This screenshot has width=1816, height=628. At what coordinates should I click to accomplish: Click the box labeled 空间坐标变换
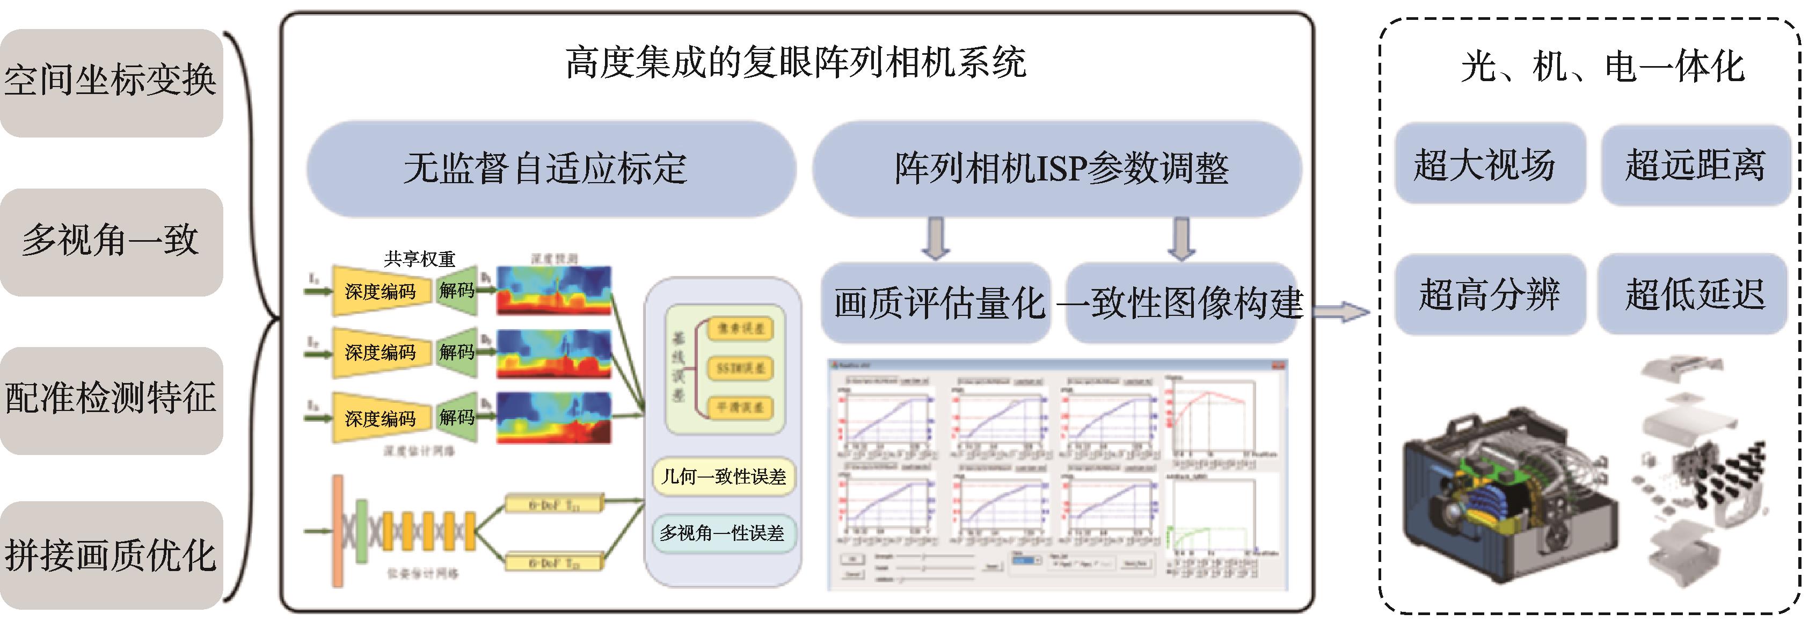click(x=111, y=81)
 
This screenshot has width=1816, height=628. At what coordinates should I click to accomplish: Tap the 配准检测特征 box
click(x=111, y=399)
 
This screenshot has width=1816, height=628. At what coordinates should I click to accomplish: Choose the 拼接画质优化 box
click(x=111, y=556)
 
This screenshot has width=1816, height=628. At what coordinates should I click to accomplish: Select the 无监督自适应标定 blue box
click(x=550, y=169)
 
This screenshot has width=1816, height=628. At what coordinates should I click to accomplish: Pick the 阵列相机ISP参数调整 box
click(x=1057, y=169)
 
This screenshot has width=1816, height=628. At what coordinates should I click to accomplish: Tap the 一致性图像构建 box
click(x=1181, y=304)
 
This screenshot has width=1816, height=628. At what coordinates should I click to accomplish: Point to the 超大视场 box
click(x=1489, y=165)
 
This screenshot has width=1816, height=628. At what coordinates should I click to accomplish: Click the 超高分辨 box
click(x=1489, y=295)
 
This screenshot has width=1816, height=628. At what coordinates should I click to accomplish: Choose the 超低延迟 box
click(x=1693, y=295)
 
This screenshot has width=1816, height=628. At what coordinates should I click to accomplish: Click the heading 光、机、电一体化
click(x=1602, y=68)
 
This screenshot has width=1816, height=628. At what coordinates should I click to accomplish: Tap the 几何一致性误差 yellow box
click(x=723, y=477)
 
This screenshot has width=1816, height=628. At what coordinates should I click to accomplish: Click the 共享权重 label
click(x=420, y=259)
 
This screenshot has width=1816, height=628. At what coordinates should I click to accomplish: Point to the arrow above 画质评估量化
click(x=936, y=239)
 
